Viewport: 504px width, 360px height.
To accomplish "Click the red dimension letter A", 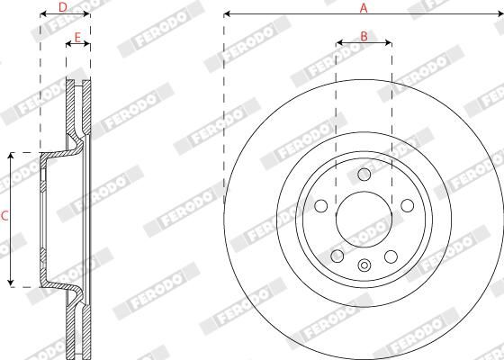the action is click(364, 8).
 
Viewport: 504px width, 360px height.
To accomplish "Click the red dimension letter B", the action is click(364, 37).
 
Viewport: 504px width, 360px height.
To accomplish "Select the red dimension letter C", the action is click(4, 216).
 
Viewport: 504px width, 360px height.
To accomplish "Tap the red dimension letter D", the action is click(63, 7).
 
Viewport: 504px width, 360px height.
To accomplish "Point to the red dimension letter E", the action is click(77, 38).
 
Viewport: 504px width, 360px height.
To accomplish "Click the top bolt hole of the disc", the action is click(364, 175).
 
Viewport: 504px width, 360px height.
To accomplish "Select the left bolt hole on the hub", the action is click(320, 206).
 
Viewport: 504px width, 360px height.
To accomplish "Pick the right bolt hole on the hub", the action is click(407, 206).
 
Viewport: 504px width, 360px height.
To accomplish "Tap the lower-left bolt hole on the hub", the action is click(337, 256).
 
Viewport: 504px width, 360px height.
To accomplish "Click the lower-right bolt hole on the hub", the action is click(391, 256).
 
